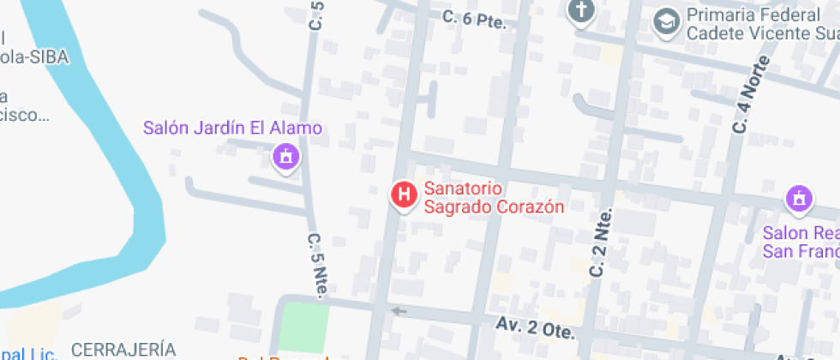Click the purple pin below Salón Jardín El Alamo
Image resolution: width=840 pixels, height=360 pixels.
284,157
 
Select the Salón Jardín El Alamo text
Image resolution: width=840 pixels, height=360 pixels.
232,129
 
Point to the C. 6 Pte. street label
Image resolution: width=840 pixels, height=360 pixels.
474,19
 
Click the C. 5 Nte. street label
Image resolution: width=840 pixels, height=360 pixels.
316,265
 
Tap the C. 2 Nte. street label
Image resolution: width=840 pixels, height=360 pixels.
601,243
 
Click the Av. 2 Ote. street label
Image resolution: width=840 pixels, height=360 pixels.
534,327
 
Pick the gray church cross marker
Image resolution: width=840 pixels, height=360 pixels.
581,11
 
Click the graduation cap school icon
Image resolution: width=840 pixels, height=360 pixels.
664,21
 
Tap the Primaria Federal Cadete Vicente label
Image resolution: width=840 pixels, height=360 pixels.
758,25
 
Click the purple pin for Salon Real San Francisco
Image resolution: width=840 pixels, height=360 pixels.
799,200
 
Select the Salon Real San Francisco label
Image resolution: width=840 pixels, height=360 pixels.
801,243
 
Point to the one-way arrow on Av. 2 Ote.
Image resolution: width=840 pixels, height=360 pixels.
398,311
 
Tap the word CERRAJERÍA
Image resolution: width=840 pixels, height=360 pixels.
123,350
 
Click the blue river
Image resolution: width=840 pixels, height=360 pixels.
129,171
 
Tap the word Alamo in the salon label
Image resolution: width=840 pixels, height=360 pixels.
297,129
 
